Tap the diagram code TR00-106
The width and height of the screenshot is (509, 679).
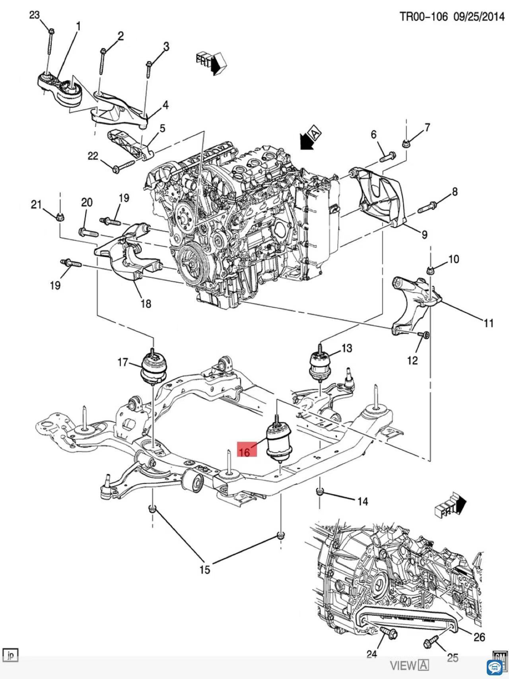424,16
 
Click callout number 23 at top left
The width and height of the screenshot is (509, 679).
35,15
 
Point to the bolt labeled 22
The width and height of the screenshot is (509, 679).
124,167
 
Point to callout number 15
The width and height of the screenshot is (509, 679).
204,570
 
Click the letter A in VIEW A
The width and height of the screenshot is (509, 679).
424,665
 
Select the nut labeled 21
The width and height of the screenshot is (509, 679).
60,217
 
